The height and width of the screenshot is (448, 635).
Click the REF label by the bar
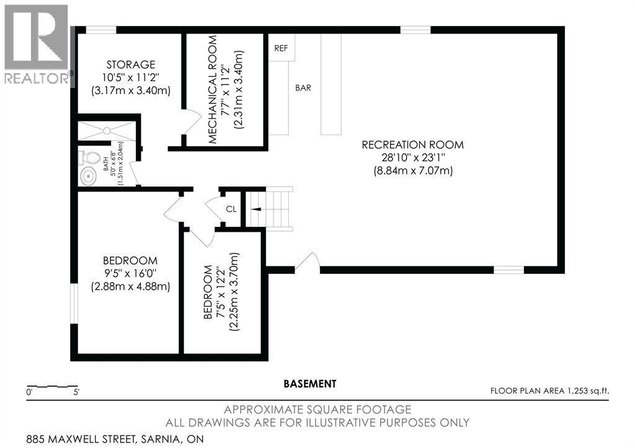pos(281,48)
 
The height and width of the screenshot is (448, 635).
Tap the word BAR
pos(303,88)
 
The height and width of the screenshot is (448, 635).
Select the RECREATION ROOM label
pos(412,144)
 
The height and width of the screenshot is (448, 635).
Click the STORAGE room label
pos(131,64)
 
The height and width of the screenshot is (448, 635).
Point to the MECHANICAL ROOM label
pos(213,89)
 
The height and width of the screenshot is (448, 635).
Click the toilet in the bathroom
pos(90,158)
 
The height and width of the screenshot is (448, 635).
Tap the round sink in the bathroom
pos(88,177)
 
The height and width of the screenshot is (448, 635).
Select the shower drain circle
pos(107,131)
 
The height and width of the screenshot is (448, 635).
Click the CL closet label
pos(231,209)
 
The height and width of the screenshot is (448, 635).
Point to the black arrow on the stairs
pos(256,209)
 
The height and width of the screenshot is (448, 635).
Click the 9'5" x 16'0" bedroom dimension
pos(130,274)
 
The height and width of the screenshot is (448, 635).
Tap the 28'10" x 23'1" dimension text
pos(412,157)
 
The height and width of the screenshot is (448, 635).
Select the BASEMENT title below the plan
pos(310,384)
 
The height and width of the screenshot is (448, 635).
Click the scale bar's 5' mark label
pos(76,392)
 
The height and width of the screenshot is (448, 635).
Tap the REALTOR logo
pos(38,45)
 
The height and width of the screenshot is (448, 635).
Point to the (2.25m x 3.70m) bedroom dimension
pos(234,292)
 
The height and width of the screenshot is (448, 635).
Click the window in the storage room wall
pos(101,30)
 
